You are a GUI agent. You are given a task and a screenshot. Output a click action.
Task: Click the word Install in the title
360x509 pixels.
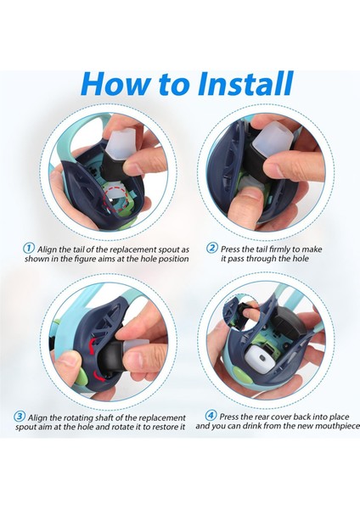[246, 84]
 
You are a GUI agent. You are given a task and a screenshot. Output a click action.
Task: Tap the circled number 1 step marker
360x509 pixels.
[29, 249]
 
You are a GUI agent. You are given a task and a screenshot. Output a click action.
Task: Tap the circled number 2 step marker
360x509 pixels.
[212, 249]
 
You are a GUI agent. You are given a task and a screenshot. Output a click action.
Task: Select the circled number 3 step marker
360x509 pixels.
[20, 417]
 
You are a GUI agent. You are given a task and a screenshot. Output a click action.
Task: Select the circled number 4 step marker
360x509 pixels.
[211, 416]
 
